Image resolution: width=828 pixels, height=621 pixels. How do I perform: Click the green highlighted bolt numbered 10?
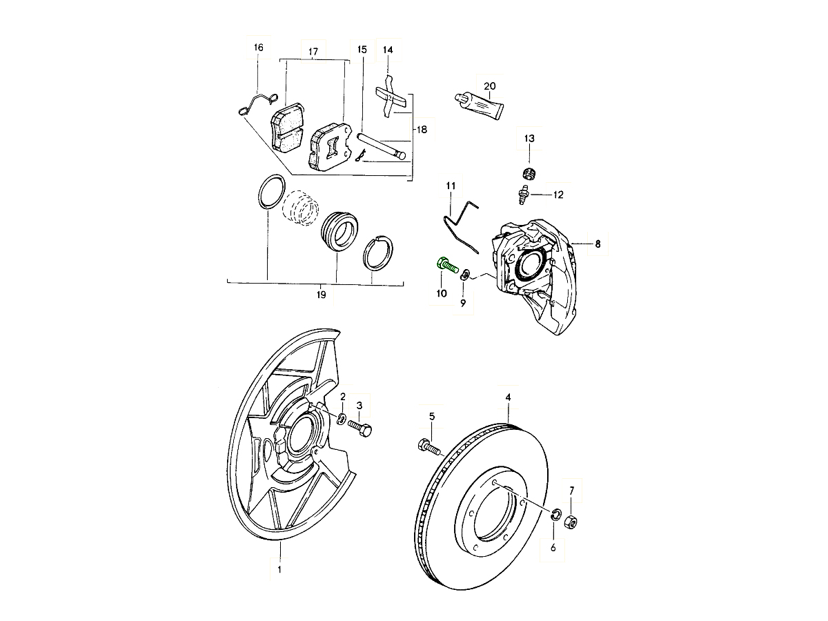[446, 265]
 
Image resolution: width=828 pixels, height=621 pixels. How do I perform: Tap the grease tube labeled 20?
[480, 103]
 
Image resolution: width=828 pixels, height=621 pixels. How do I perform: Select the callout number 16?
[258, 48]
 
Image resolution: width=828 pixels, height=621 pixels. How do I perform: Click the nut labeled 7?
[571, 521]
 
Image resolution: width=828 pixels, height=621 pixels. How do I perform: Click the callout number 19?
[321, 295]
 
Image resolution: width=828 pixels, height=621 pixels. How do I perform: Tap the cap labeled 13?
[529, 171]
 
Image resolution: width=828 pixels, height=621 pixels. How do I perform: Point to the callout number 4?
[508, 397]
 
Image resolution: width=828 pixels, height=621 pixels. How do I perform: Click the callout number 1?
[279, 569]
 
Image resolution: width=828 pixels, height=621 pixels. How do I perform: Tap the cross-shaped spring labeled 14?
[390, 99]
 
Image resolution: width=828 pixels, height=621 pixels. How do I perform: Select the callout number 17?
[313, 52]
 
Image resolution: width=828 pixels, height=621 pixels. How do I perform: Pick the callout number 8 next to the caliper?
[598, 244]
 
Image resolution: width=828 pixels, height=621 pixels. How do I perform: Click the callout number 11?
[451, 186]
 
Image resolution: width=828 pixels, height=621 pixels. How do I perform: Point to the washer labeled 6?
[555, 514]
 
